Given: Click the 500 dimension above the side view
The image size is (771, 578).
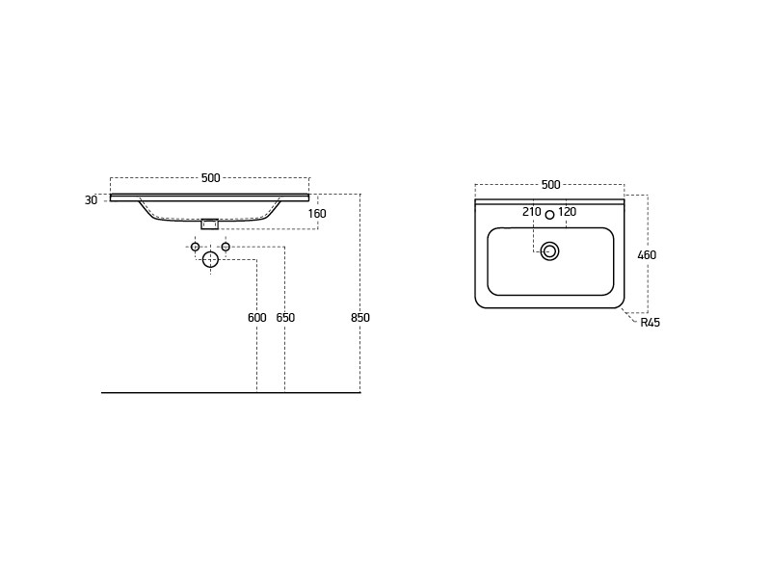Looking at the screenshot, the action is [210, 178].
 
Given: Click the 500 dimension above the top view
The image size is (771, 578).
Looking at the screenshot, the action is [550, 185].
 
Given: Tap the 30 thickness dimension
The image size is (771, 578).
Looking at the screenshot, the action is [91, 200].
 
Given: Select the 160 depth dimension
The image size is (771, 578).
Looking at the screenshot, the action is [317, 214].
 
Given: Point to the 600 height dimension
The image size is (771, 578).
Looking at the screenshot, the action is [256, 318].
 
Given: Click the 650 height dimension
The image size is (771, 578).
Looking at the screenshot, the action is [285, 318].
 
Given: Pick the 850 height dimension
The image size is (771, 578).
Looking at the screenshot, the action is [359, 318].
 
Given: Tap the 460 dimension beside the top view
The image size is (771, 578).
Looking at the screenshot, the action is [647, 255].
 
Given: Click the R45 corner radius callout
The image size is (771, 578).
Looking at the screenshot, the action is [650, 323].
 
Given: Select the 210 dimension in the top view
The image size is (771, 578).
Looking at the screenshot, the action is [532, 212].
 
